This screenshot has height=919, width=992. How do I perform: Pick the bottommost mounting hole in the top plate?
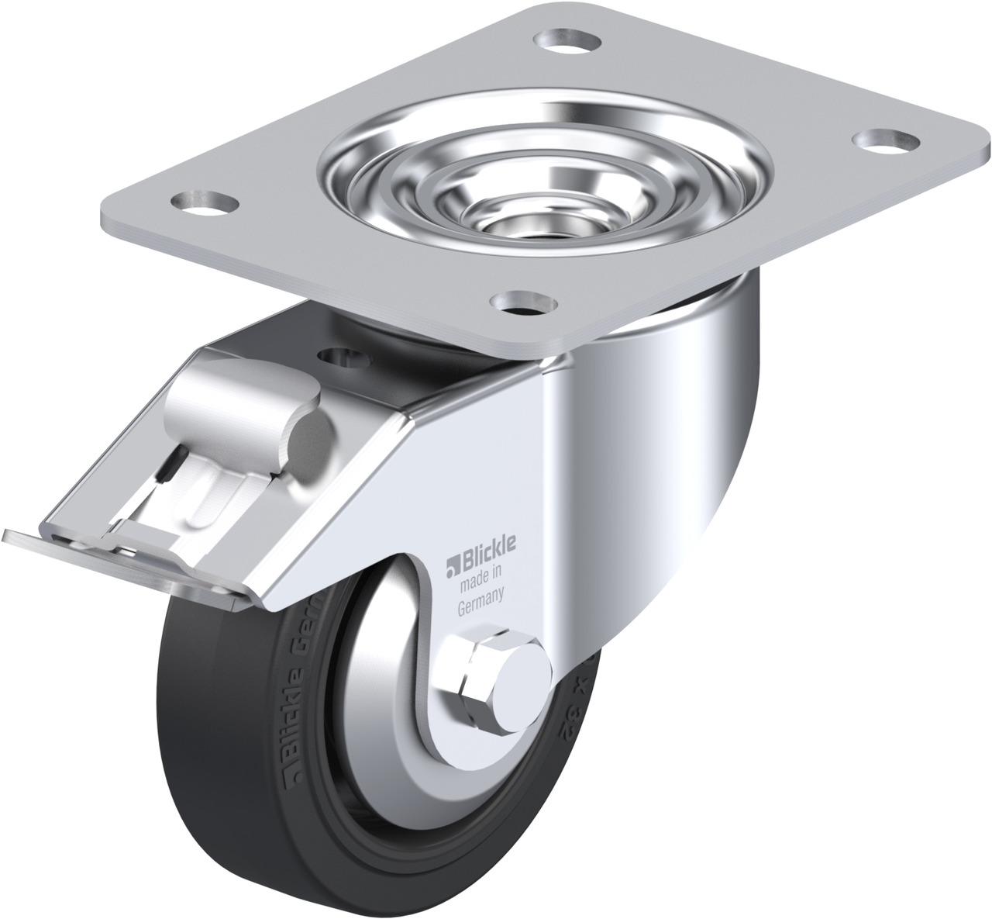coord(525,302)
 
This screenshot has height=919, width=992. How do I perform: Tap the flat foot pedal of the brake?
coord(116,551)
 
